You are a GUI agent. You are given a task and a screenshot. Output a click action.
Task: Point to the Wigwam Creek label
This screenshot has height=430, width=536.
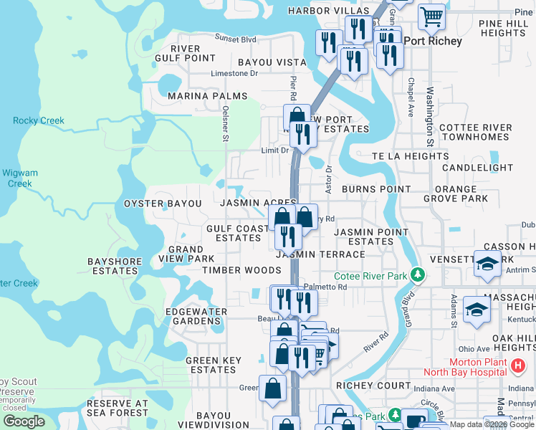(x=20, y=178)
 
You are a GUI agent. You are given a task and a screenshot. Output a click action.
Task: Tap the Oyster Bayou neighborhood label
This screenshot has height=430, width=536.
(x=163, y=204)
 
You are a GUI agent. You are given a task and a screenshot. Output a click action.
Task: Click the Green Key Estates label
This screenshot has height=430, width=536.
(x=211, y=365)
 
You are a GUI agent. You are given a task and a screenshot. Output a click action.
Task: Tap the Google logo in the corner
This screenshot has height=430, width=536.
(x=24, y=421)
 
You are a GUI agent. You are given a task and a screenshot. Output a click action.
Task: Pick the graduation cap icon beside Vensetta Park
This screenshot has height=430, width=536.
(x=487, y=264)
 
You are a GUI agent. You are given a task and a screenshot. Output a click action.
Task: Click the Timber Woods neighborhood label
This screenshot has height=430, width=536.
(x=241, y=270)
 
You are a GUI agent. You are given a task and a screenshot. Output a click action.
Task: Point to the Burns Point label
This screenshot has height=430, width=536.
(x=376, y=189)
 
